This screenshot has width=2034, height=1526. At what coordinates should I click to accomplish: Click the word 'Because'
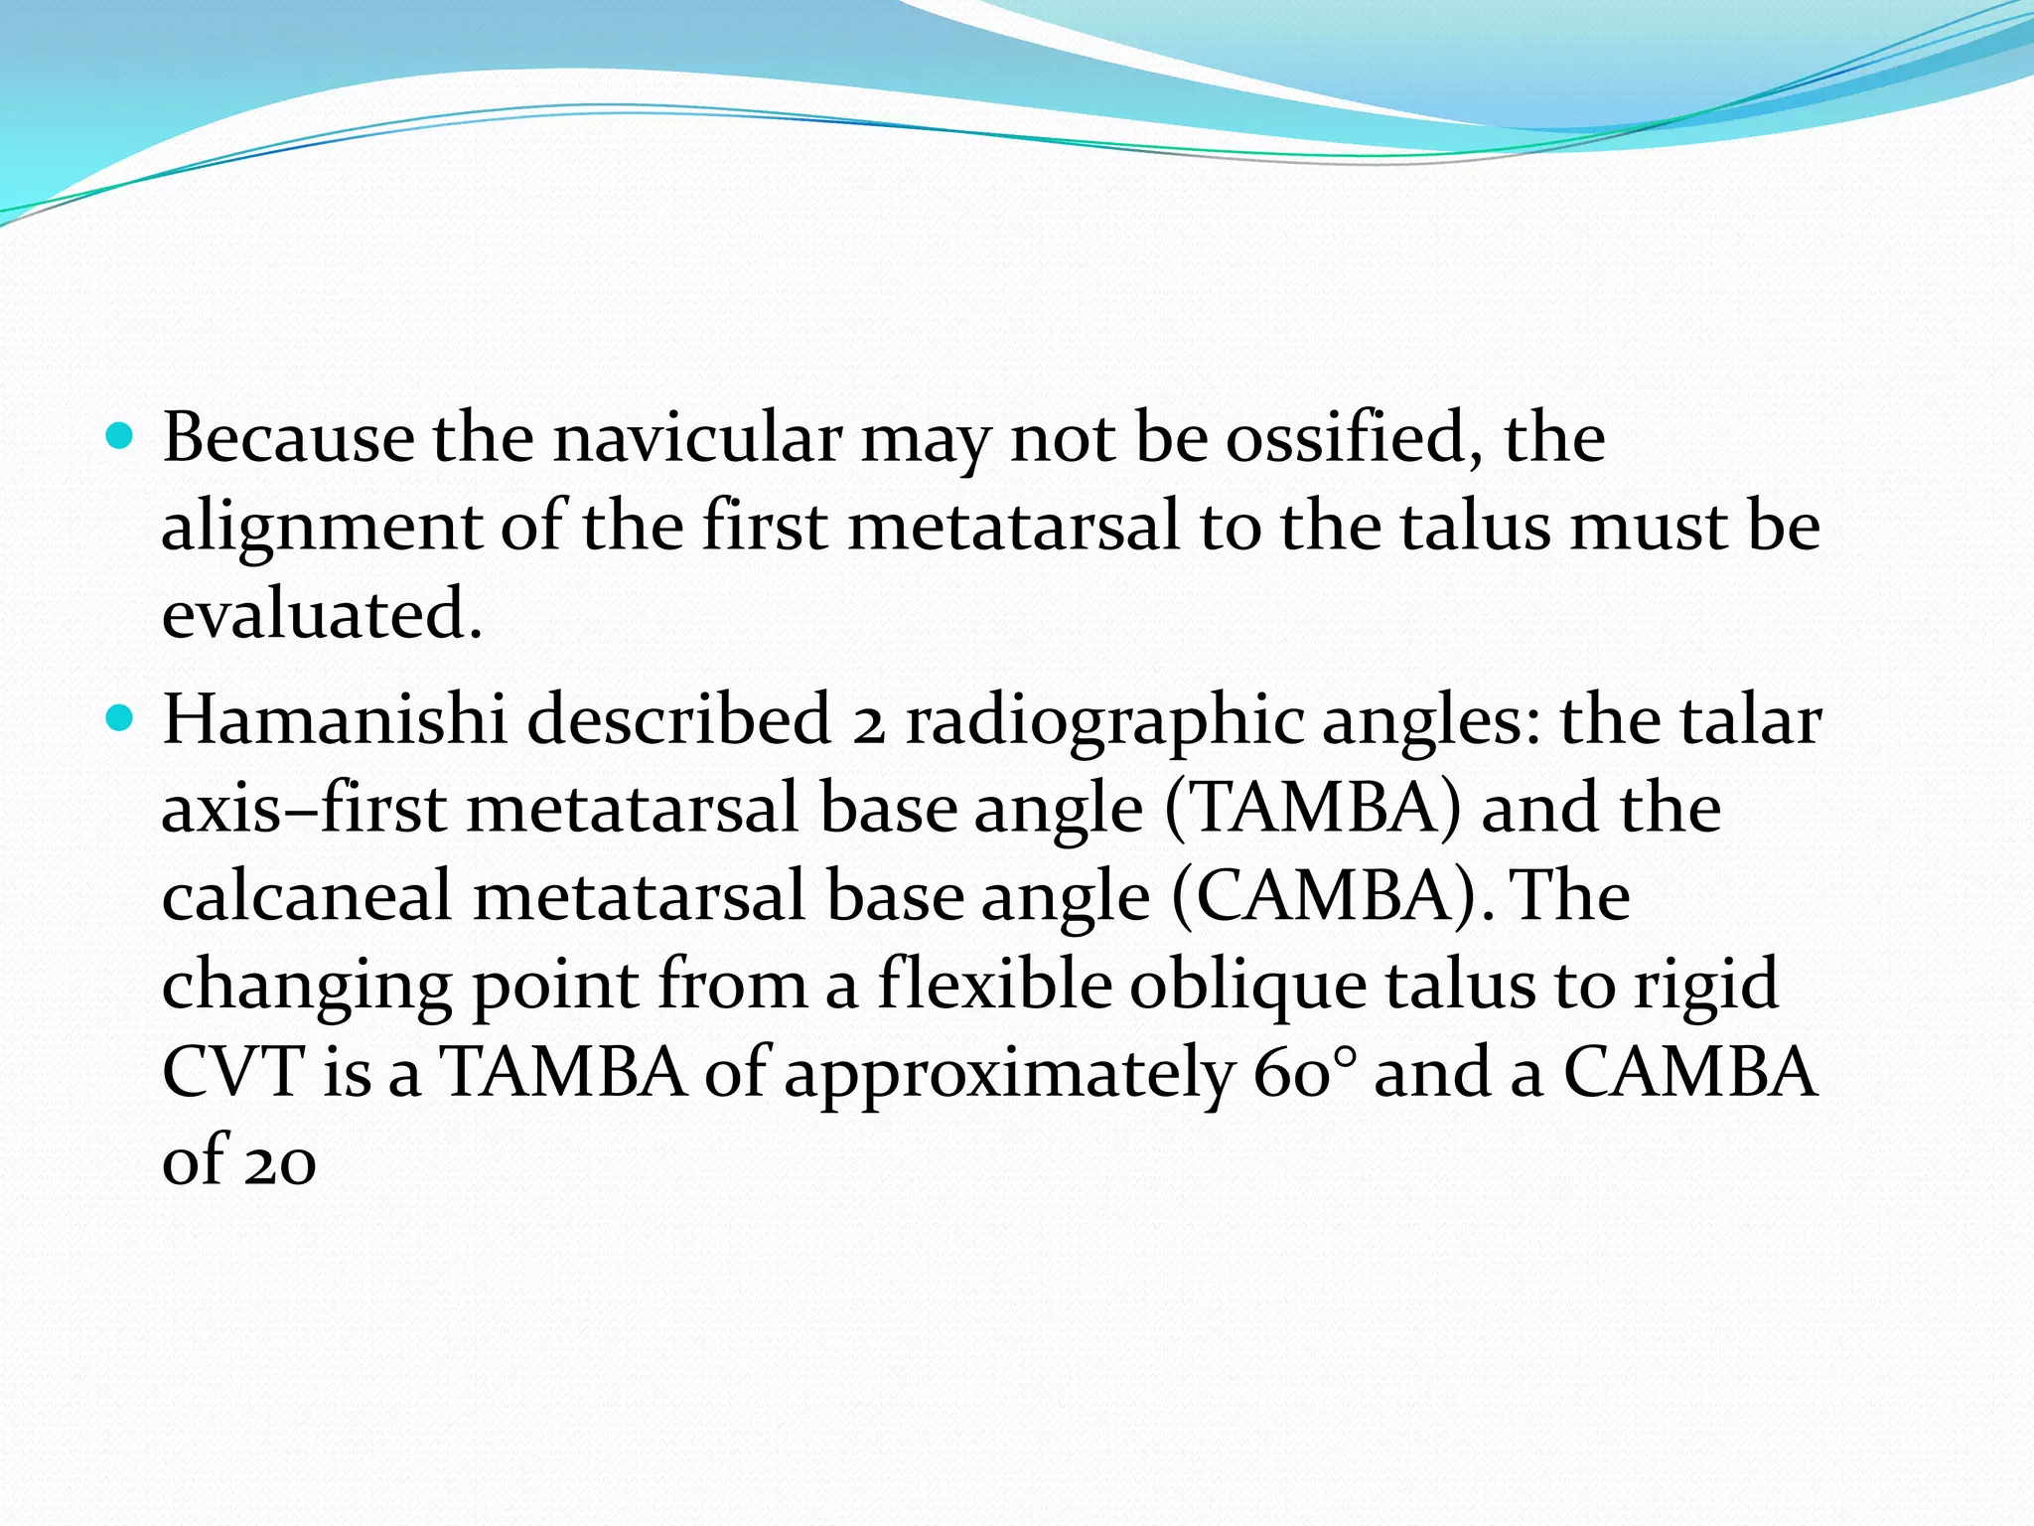289,437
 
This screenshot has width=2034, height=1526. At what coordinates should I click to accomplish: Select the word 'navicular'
697,437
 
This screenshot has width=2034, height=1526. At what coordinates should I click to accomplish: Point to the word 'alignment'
321,527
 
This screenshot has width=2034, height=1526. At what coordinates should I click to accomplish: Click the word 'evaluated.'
321,613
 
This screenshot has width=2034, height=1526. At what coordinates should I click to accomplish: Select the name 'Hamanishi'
335,719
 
